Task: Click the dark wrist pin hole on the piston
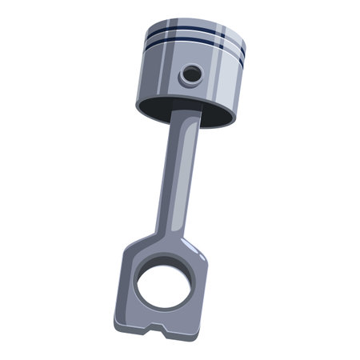(x=192, y=74)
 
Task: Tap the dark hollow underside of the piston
(x=160, y=106)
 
